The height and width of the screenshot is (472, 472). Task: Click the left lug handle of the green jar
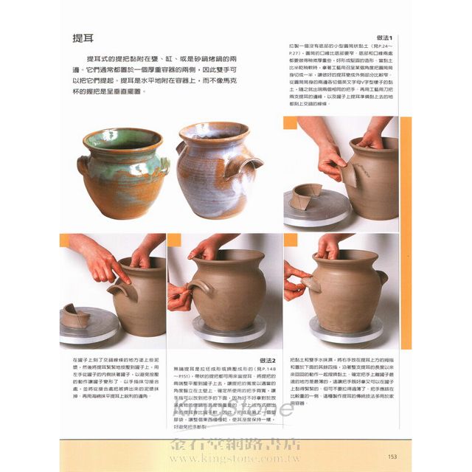pos(83,164)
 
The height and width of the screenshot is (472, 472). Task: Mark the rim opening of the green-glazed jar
pos(123,138)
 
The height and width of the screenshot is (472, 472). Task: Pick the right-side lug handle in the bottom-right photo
pos(381,278)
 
